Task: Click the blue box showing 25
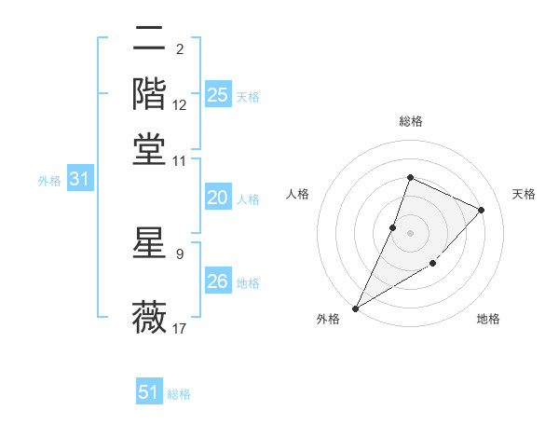(x=218, y=95)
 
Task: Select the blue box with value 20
(x=218, y=198)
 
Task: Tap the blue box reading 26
(x=218, y=281)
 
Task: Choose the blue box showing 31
(x=79, y=180)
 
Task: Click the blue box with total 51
(x=149, y=392)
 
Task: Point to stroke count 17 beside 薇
(x=180, y=328)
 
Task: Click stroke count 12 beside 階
(x=180, y=105)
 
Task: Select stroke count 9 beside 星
(x=180, y=253)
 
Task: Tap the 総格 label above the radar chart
(x=410, y=122)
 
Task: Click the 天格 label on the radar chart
(x=524, y=194)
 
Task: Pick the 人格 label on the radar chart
(x=298, y=194)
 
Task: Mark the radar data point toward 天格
(x=482, y=210)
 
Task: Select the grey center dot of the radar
(x=410, y=233)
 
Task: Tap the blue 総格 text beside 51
(x=179, y=394)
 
